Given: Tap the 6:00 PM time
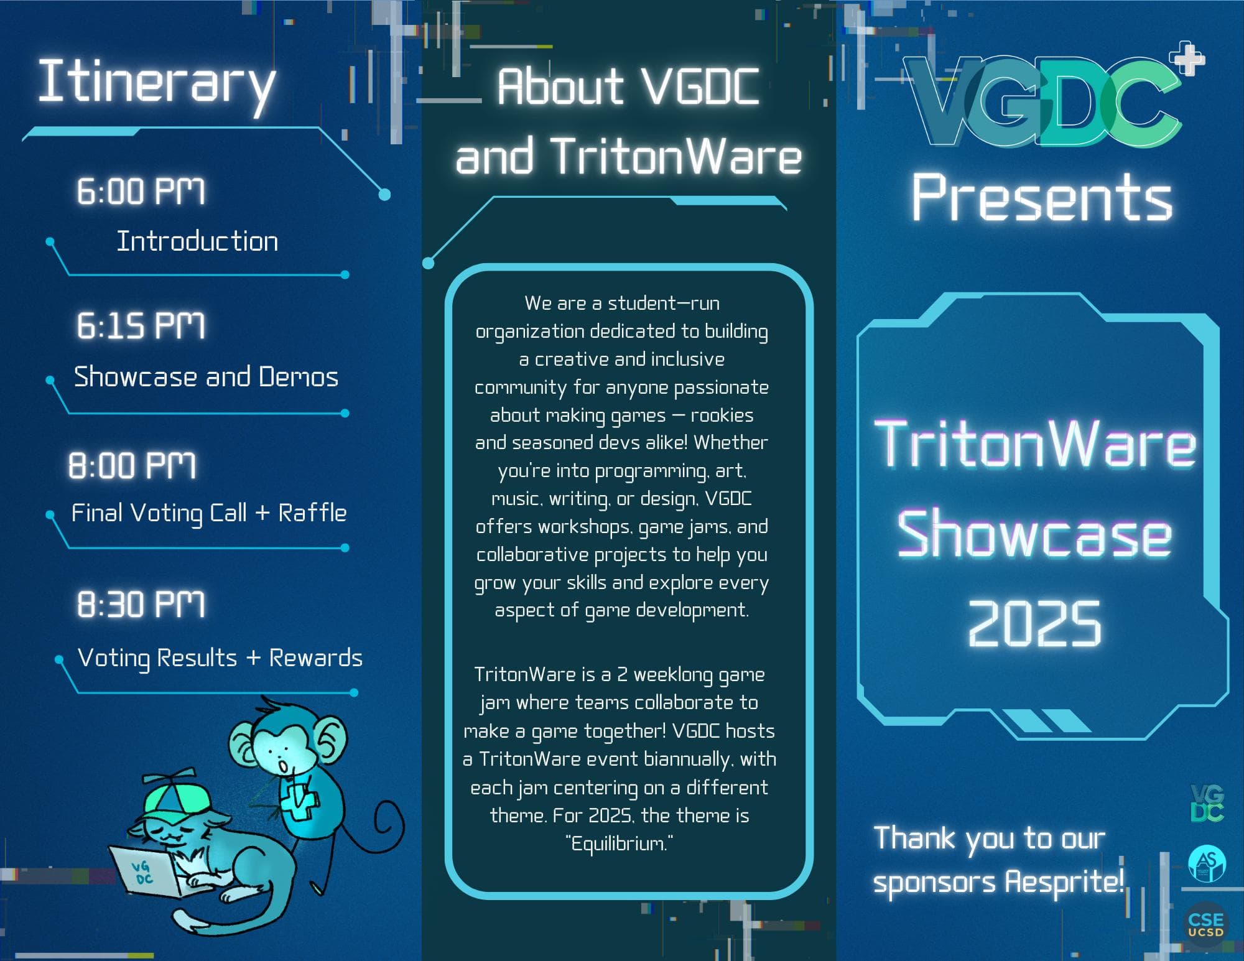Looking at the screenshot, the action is (x=141, y=191).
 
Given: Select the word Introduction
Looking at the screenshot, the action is (x=197, y=241).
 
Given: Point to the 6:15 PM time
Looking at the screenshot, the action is (x=141, y=325).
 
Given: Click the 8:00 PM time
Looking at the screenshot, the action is (x=132, y=465).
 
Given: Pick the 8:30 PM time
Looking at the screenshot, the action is (x=141, y=604).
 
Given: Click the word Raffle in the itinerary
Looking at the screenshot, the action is (x=312, y=513).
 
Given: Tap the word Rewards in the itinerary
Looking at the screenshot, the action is (x=315, y=657).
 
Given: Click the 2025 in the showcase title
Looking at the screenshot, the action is (x=1034, y=623).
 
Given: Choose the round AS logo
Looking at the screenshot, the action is (x=1206, y=863).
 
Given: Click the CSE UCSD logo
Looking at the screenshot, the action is (x=1205, y=924).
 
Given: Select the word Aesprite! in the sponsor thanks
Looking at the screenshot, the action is (x=1064, y=882).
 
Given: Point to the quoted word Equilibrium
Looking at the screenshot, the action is (x=620, y=843).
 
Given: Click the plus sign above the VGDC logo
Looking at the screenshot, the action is (x=1187, y=58).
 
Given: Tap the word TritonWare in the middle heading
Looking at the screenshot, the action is (x=676, y=156).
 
